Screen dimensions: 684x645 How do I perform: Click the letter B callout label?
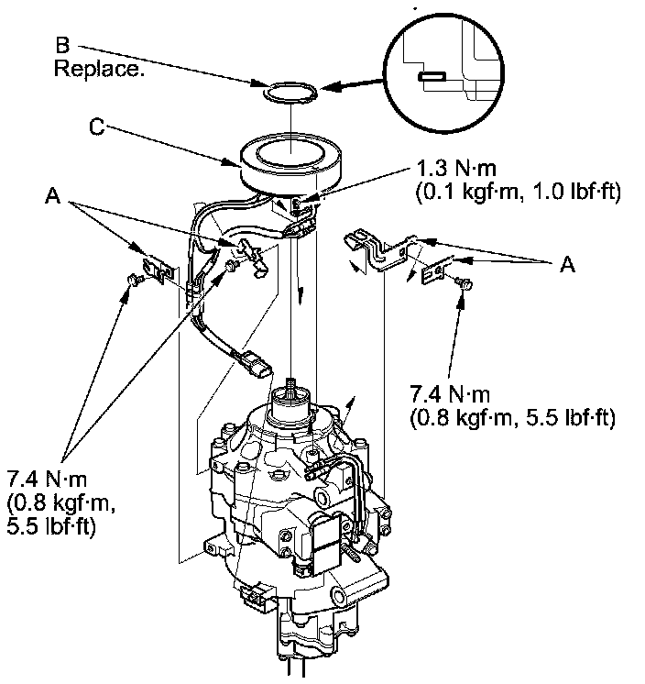[60, 46]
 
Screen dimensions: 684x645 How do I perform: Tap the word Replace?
[100, 69]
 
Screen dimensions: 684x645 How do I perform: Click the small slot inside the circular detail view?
[431, 77]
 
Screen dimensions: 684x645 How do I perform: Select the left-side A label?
[54, 196]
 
